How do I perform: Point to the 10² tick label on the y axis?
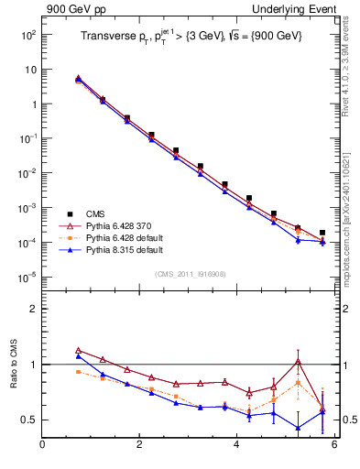click(x=27, y=35)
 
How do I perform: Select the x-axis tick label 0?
click(x=42, y=445)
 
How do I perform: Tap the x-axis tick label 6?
click(x=334, y=445)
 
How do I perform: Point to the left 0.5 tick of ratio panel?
click(x=29, y=420)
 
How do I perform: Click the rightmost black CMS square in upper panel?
click(x=322, y=233)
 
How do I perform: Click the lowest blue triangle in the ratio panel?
click(x=298, y=428)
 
